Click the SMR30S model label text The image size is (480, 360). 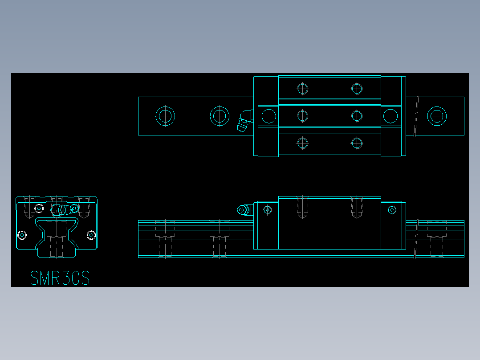(x=60, y=278)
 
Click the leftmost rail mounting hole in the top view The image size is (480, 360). (x=165, y=116)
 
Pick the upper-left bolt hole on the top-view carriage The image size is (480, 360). (x=303, y=89)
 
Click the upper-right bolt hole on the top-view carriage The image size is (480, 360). (x=357, y=89)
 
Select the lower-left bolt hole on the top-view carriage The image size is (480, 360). (x=303, y=143)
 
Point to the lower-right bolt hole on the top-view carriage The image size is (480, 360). (x=357, y=143)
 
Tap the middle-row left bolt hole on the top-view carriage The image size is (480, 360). (x=303, y=116)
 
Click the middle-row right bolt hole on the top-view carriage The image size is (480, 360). (x=357, y=116)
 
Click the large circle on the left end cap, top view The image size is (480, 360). (x=269, y=116)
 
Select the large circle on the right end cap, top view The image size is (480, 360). (x=391, y=116)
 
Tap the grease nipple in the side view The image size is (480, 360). (x=243, y=210)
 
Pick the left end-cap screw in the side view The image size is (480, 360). (x=268, y=209)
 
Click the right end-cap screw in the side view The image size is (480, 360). (x=392, y=209)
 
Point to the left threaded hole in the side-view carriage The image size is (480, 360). (x=303, y=207)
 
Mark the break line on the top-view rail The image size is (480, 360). (x=416, y=116)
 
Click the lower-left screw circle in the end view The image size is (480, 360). (x=22, y=235)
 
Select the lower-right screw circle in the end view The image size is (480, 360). (x=91, y=235)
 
